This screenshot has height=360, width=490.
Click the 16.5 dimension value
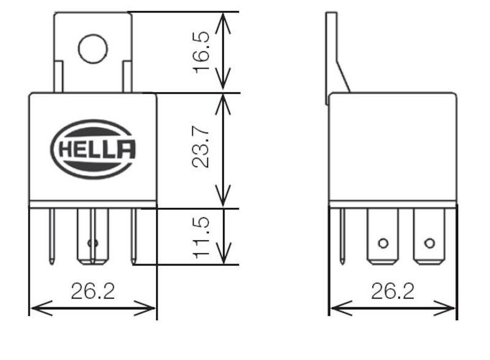tap(202, 53)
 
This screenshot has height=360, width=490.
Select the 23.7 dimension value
tap(202, 148)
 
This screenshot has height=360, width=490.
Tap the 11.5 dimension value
tap(202, 236)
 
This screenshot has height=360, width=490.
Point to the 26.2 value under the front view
tap(93, 291)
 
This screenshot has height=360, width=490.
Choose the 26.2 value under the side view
tap(393, 291)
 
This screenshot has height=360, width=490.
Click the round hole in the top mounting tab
tap(92, 48)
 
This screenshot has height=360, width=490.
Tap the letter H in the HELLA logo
tap(66, 149)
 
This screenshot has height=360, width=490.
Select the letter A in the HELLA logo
tap(126, 149)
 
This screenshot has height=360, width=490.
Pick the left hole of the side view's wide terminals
tap(383, 243)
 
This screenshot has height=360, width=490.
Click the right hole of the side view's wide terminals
tap(429, 243)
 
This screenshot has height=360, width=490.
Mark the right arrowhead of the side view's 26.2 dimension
tap(450, 308)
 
